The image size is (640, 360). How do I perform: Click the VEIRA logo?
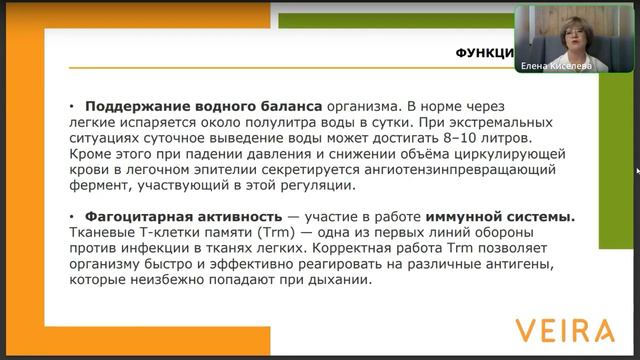click(565, 330)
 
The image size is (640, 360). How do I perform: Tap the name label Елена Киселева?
click(556, 67)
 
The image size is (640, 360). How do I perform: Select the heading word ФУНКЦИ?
click(484, 53)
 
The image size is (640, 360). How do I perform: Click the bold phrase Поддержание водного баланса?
click(203, 105)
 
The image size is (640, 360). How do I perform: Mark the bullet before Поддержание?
click(72, 105)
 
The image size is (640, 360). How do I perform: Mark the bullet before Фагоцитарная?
click(72, 216)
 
